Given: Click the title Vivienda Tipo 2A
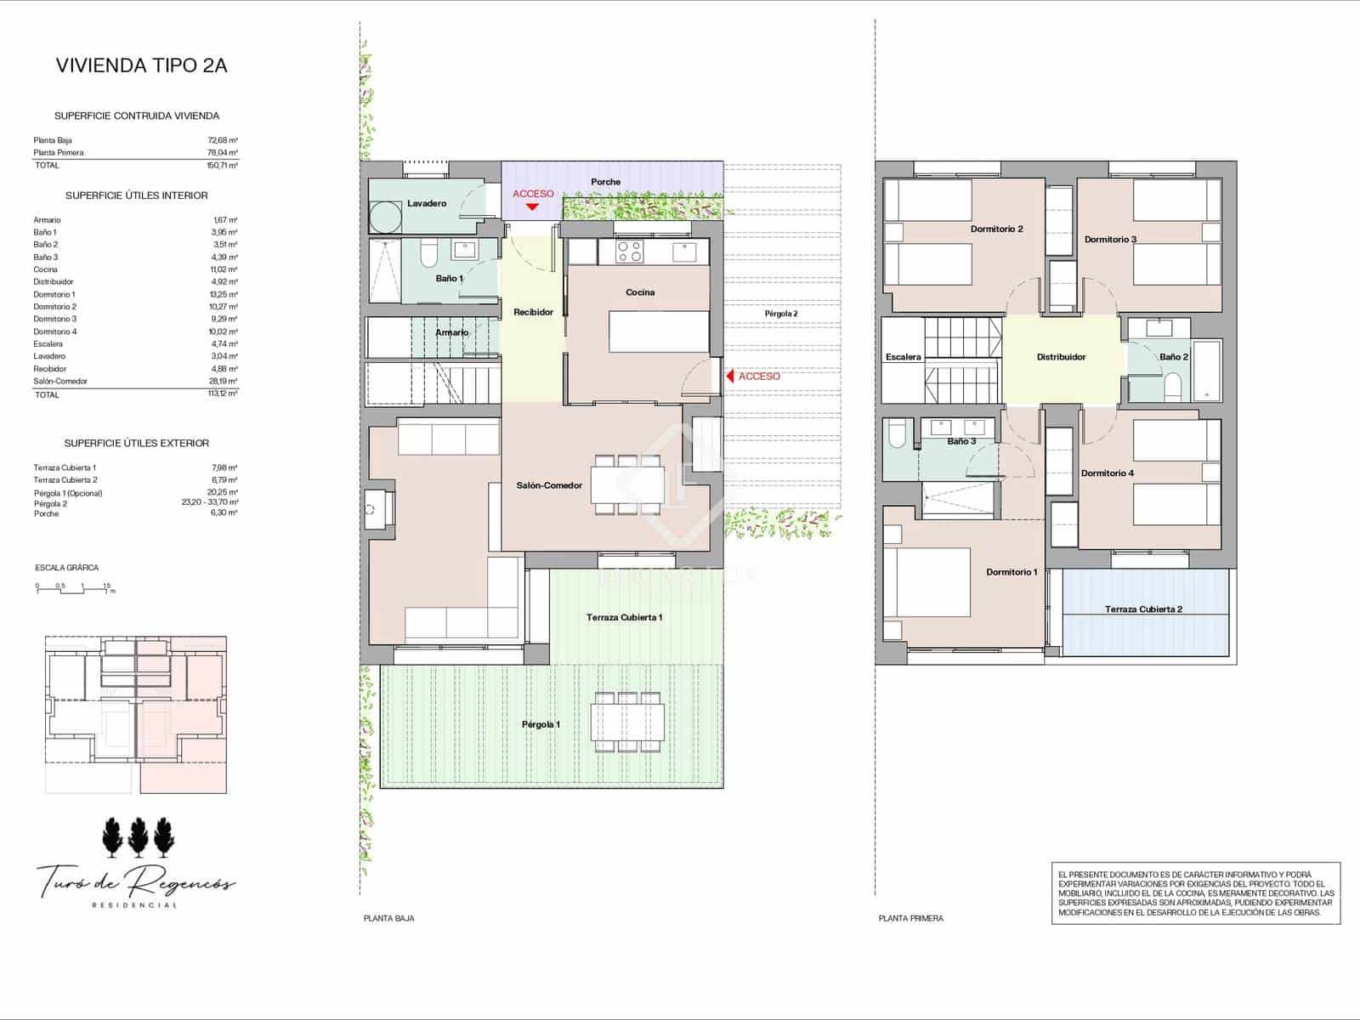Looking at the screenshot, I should (x=141, y=65).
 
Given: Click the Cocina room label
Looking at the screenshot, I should (x=640, y=292).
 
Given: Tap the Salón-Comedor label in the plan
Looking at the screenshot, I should (x=549, y=485).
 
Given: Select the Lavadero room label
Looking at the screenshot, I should (x=427, y=204).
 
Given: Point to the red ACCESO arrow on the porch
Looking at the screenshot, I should (x=533, y=206).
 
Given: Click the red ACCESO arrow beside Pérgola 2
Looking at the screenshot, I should (x=729, y=376).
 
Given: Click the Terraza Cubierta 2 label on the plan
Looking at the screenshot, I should (x=1143, y=609).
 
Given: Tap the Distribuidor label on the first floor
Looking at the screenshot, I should (x=1061, y=357).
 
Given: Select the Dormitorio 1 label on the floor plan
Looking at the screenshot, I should (x=1011, y=572).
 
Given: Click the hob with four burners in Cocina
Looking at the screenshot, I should (x=629, y=251).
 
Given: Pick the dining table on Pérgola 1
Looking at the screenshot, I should (x=628, y=722).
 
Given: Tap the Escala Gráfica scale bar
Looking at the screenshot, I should (x=75, y=588).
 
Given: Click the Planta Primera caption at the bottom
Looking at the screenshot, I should (x=910, y=918).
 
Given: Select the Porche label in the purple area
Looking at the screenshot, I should (x=605, y=182).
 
